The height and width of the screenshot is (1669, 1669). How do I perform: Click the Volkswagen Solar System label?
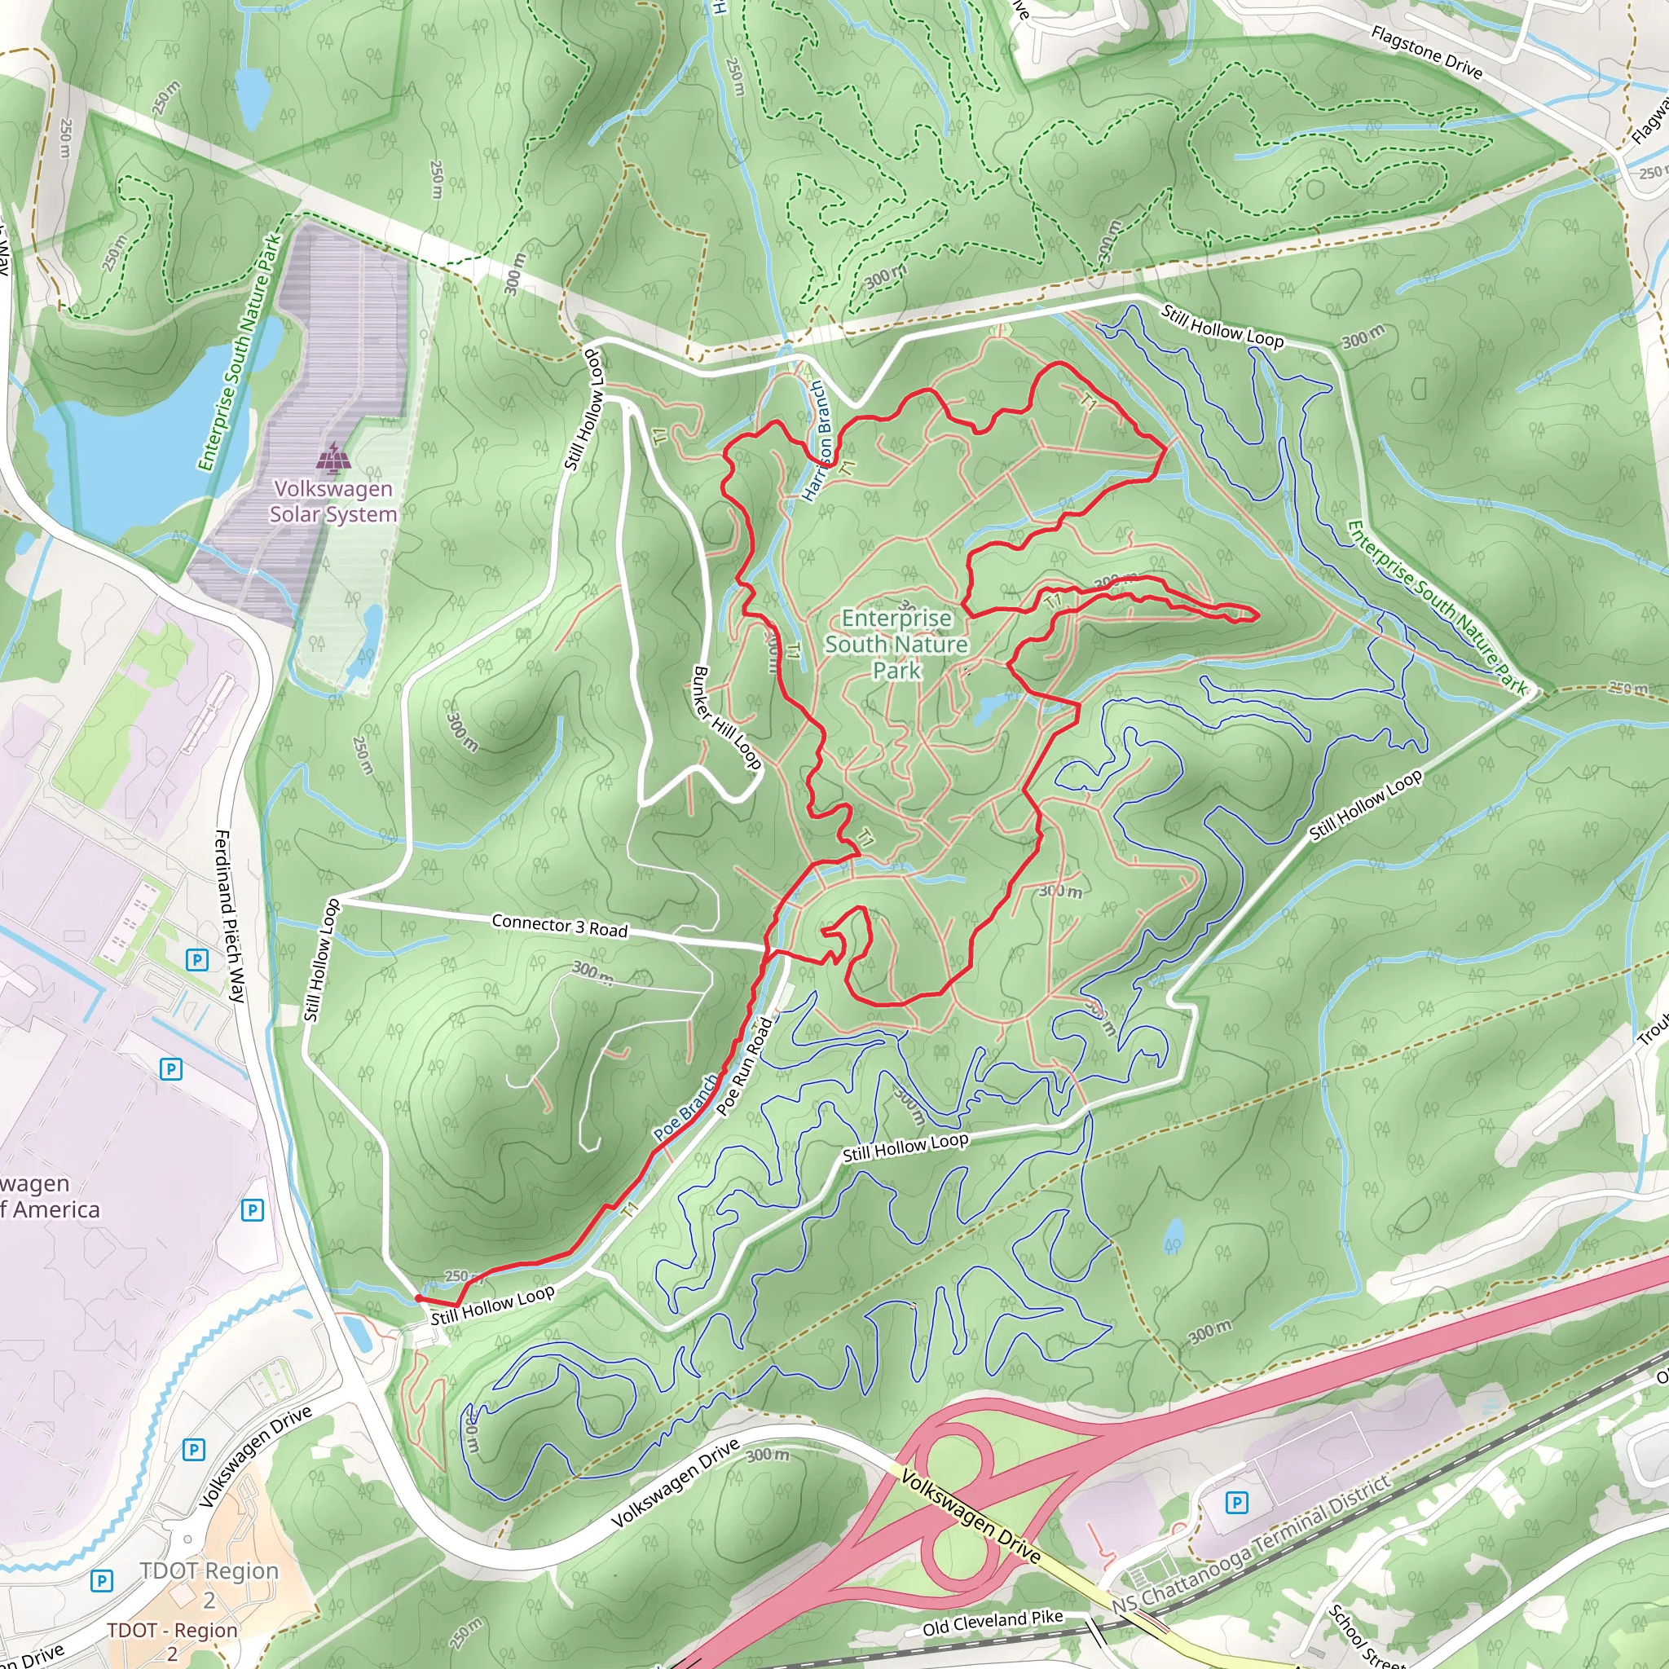[332, 501]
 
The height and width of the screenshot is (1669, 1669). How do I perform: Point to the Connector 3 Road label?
[559, 925]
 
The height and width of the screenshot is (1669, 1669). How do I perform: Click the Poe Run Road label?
[745, 1065]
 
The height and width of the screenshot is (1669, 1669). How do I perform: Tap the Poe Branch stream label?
[685, 1108]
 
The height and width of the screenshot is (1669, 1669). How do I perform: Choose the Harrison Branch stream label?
[817, 442]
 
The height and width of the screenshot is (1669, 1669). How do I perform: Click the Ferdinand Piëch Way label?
[230, 916]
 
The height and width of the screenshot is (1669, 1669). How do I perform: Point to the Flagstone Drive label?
[1426, 53]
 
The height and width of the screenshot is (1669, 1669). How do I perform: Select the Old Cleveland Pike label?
[993, 1623]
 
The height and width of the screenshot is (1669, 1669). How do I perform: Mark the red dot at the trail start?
[418, 1298]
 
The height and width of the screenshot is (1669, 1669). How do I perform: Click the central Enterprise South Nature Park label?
[896, 644]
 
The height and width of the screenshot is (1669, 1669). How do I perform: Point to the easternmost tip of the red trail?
[1256, 615]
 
